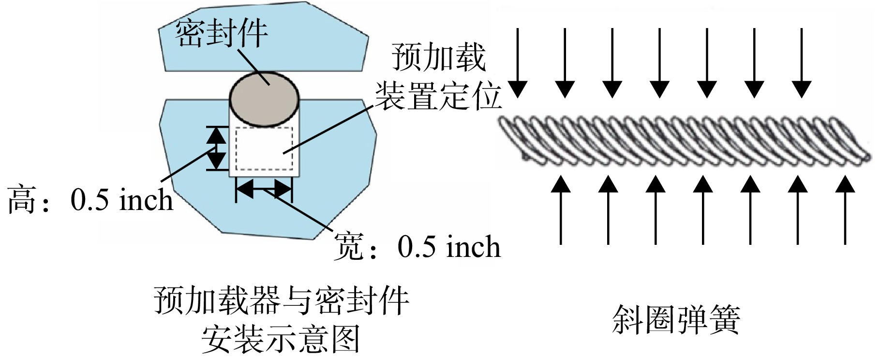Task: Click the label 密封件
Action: [221, 33]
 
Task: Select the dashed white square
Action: [264, 149]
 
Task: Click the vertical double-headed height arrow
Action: [216, 148]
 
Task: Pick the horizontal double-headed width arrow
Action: [264, 188]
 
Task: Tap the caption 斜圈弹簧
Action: [676, 319]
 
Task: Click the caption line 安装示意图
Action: [281, 340]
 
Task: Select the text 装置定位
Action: [438, 95]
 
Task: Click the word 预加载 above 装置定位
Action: [438, 57]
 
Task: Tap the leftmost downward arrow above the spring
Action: [518, 63]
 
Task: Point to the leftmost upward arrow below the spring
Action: [561, 210]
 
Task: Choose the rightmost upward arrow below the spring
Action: [845, 210]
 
